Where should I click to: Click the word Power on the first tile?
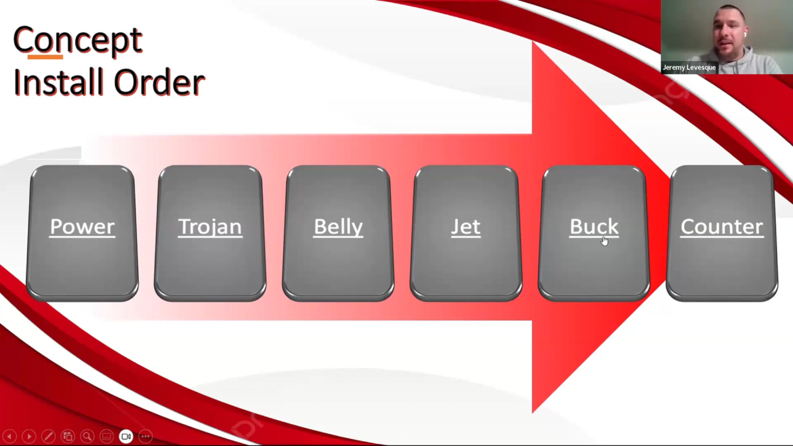[x=82, y=227]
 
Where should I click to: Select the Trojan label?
[x=210, y=227]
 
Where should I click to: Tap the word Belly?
[x=338, y=227]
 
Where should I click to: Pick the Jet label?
[x=465, y=227]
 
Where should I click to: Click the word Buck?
[x=594, y=227]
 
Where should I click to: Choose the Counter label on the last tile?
[x=722, y=227]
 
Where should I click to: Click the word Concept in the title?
[x=78, y=40]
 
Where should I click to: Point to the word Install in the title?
[x=58, y=82]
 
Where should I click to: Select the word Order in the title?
[x=159, y=82]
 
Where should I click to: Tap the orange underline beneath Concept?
[x=45, y=57]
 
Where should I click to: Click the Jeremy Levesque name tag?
[x=689, y=67]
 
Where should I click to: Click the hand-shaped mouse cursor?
[x=605, y=241]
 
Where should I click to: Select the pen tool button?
[x=48, y=436]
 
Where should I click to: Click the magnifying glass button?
[x=87, y=436]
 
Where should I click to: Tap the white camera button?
[x=126, y=436]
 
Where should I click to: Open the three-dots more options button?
[x=145, y=436]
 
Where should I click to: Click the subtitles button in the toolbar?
[x=107, y=436]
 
